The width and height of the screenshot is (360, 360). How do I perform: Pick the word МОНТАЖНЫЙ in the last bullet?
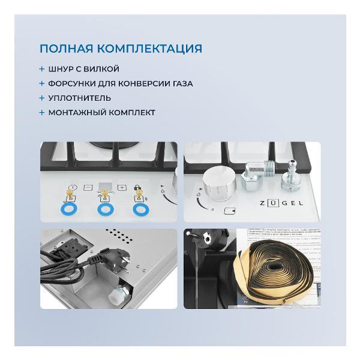pyautogui.click(x=76, y=112)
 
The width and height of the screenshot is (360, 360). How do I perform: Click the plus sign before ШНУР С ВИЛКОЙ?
pyautogui.click(x=42, y=69)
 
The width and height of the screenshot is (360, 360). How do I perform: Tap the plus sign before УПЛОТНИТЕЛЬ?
pyautogui.click(x=42, y=98)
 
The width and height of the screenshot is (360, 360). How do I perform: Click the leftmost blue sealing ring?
pyautogui.click(x=67, y=209)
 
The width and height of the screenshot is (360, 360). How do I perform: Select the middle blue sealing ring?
pyautogui.click(x=106, y=210)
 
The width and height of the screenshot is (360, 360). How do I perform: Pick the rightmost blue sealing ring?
pyautogui.click(x=142, y=210)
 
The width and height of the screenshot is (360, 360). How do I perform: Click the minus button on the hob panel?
pyautogui.click(x=88, y=187)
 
